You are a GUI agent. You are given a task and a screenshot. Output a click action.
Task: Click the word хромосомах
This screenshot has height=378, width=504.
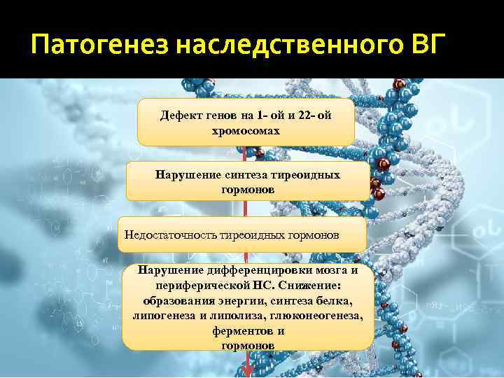(246, 130)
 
